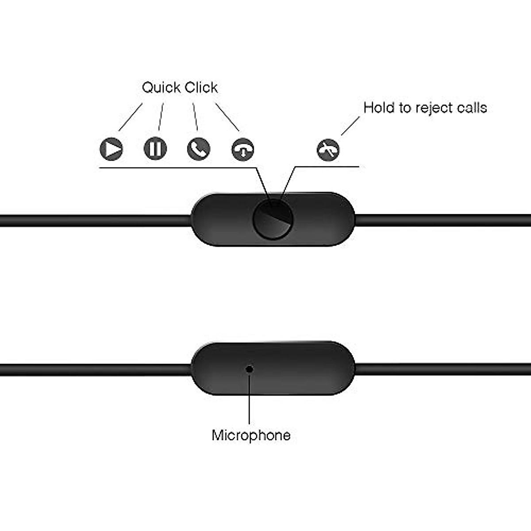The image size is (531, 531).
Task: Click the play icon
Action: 111,149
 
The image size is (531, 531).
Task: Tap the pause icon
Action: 155,149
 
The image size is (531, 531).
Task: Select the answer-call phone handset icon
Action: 199,149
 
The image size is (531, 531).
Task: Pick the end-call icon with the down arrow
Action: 242,149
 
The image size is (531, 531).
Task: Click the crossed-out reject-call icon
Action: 328,150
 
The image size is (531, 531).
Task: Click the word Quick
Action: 161,88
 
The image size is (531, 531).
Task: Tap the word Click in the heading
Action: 201,88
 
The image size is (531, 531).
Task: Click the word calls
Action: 473,108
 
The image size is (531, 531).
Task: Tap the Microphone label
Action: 251,435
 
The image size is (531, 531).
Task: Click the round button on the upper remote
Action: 273,219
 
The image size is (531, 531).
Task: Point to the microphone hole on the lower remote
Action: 250,368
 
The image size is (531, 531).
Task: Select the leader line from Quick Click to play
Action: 131,117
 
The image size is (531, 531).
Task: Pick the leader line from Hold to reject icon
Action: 350,126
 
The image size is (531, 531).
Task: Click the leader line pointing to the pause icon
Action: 161,117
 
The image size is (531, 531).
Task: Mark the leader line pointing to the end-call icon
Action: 227,117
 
